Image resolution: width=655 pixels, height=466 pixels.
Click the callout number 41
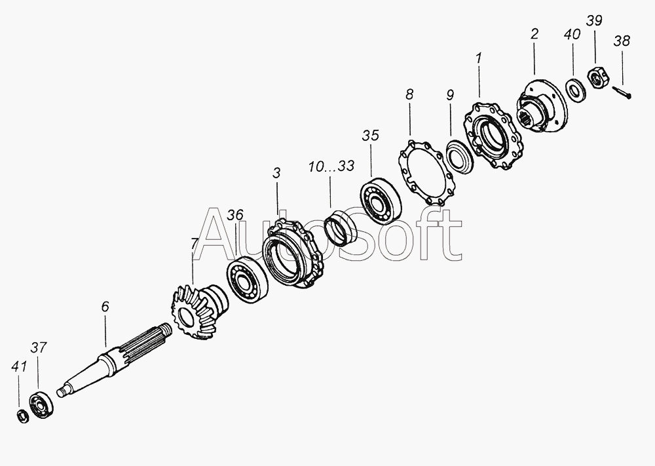(x=19, y=367)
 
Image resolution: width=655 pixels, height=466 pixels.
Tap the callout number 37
(x=38, y=348)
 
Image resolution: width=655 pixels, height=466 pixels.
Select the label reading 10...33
(x=331, y=166)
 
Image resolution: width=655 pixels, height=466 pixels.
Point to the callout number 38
(x=622, y=41)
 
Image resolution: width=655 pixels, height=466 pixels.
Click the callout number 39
(x=594, y=20)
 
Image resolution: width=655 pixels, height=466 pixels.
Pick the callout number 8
(x=409, y=94)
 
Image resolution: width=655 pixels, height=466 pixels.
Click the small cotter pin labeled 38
(x=622, y=92)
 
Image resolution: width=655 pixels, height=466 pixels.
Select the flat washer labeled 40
(x=575, y=89)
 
